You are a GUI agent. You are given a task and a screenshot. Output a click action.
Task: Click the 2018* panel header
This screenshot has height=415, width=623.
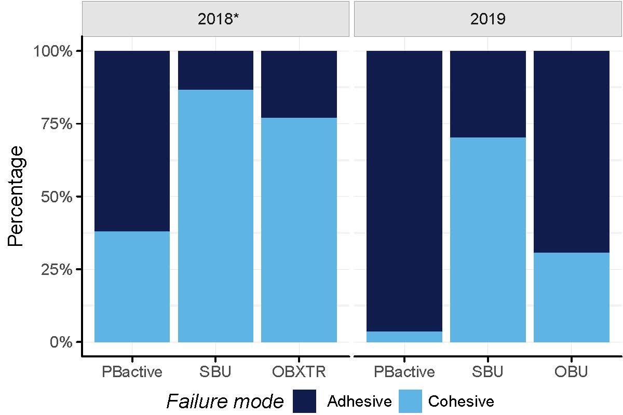click(x=215, y=19)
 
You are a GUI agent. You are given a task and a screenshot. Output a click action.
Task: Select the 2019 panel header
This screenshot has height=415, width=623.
click(x=488, y=19)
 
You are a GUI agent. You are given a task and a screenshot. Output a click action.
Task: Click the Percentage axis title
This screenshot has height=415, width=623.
click(x=17, y=197)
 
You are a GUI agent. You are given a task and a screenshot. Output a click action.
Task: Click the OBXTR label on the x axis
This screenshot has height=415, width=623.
click(x=299, y=372)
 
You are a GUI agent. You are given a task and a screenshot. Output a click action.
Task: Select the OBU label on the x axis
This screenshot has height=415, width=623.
click(x=571, y=372)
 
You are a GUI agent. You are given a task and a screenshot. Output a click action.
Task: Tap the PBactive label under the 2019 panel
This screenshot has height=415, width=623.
click(x=404, y=372)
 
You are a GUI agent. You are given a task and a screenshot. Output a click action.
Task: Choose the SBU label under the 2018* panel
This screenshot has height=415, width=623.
click(x=215, y=372)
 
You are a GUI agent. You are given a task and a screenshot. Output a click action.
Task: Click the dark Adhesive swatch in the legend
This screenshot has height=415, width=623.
click(x=304, y=401)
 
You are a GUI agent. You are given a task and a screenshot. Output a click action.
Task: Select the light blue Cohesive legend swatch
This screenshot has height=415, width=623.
click(x=410, y=401)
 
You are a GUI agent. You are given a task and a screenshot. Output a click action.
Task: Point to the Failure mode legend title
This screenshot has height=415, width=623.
click(x=225, y=401)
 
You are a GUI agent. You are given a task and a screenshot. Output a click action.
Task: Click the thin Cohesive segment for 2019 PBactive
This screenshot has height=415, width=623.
click(x=404, y=337)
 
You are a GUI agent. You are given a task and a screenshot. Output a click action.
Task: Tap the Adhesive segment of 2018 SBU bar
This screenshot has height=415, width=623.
click(x=215, y=70)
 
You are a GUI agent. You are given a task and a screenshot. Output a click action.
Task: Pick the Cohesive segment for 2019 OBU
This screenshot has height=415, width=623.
click(x=571, y=297)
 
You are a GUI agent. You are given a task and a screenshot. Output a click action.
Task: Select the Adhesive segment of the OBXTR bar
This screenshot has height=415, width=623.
click(x=299, y=84)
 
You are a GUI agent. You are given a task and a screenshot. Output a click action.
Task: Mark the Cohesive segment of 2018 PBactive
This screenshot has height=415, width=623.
click(x=132, y=286)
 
